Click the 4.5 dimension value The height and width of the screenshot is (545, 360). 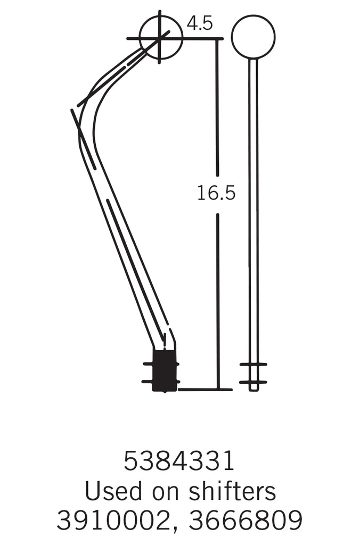coord(200,23)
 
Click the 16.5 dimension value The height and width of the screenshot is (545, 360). coord(216,193)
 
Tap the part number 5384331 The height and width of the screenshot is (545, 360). coord(179,461)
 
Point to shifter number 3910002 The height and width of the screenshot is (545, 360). coord(113,521)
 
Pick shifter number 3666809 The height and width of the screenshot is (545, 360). coord(246,521)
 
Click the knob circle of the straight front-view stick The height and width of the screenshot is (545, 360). coord(253,37)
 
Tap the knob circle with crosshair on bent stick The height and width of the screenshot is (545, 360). coord(160,37)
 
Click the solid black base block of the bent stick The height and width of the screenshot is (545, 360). coord(165,370)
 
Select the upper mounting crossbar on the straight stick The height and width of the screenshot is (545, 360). coord(253,365)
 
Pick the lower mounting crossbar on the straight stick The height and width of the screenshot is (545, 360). coord(253,382)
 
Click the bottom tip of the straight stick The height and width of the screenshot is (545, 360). coord(253,390)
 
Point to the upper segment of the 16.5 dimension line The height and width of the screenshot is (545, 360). coord(217,106)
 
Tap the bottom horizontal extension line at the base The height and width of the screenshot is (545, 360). coord(205,390)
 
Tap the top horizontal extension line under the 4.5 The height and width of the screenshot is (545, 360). coord(202,38)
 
